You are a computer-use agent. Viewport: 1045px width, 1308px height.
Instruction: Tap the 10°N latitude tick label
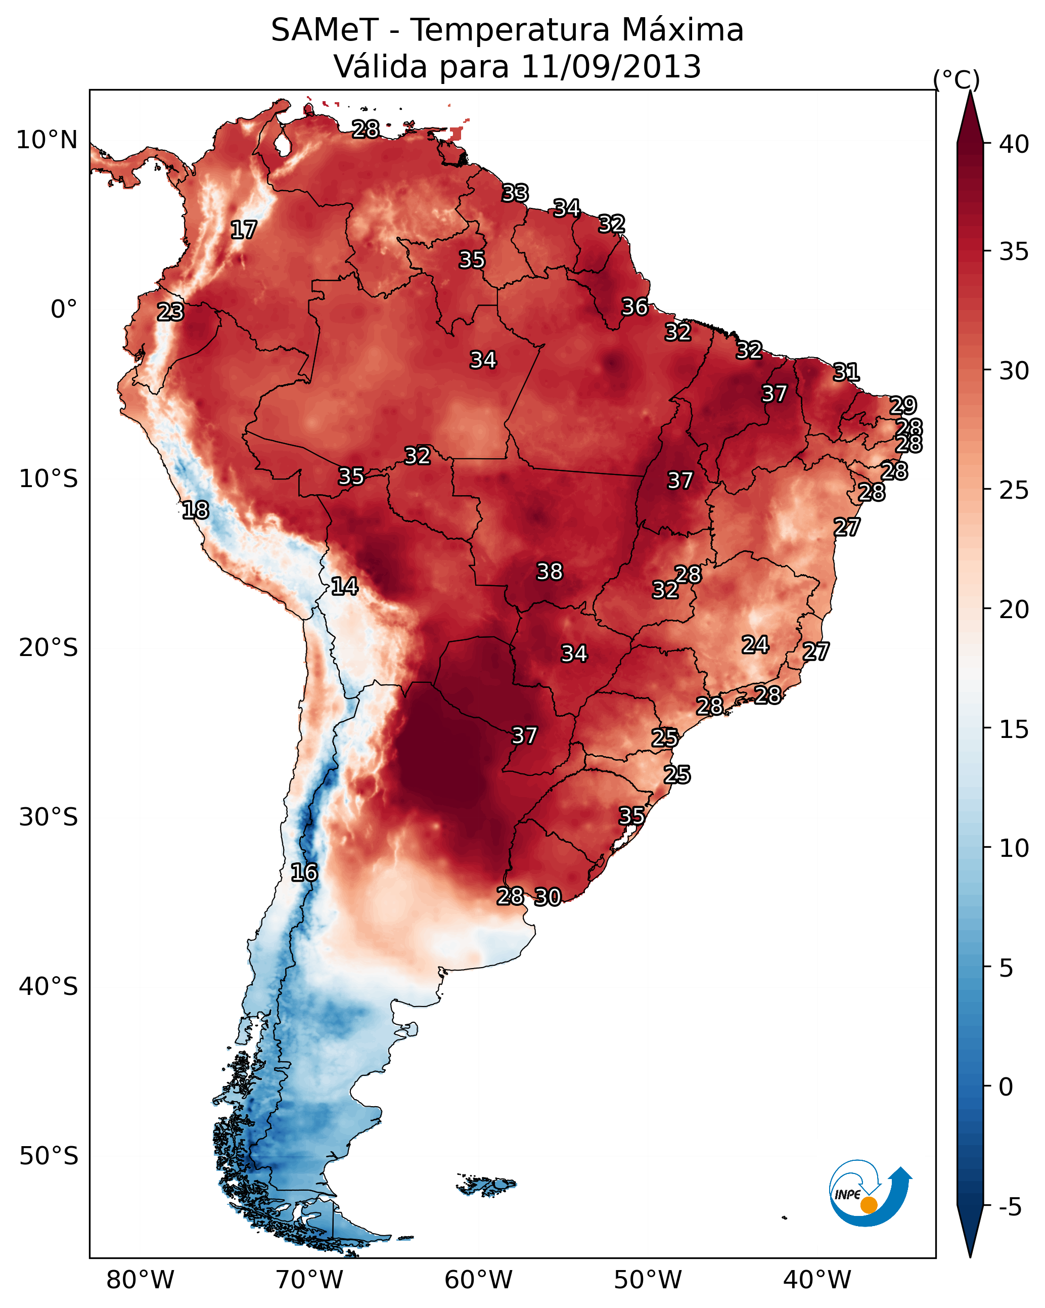(x=47, y=140)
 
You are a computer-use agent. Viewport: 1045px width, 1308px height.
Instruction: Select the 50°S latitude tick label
(x=49, y=1156)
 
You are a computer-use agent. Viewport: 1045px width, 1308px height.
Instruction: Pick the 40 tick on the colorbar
(x=1014, y=144)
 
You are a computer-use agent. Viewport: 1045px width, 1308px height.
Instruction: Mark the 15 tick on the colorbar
(x=1014, y=729)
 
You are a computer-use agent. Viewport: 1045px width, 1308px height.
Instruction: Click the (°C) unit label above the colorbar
(x=957, y=79)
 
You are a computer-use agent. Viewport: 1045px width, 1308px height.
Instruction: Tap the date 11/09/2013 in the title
(x=611, y=67)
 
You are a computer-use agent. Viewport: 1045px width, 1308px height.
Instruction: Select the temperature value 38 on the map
(x=550, y=572)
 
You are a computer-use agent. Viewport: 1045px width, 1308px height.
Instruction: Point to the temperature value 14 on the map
(x=344, y=586)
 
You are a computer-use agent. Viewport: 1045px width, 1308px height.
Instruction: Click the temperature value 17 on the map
(x=244, y=230)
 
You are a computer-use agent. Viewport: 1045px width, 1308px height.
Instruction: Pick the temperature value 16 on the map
(x=304, y=873)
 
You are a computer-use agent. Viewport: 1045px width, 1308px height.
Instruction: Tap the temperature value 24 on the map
(x=755, y=644)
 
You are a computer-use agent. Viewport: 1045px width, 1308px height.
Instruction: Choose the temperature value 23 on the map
(x=170, y=312)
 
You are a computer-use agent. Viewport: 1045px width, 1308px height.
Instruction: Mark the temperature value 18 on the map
(x=195, y=510)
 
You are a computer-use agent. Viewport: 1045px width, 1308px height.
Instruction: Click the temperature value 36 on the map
(x=635, y=307)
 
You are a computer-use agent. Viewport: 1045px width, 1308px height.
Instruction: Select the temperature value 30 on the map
(x=548, y=897)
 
